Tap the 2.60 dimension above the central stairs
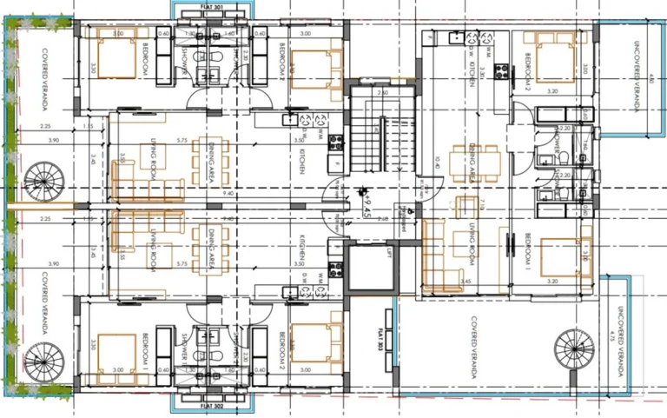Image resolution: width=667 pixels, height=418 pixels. click(381, 90)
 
